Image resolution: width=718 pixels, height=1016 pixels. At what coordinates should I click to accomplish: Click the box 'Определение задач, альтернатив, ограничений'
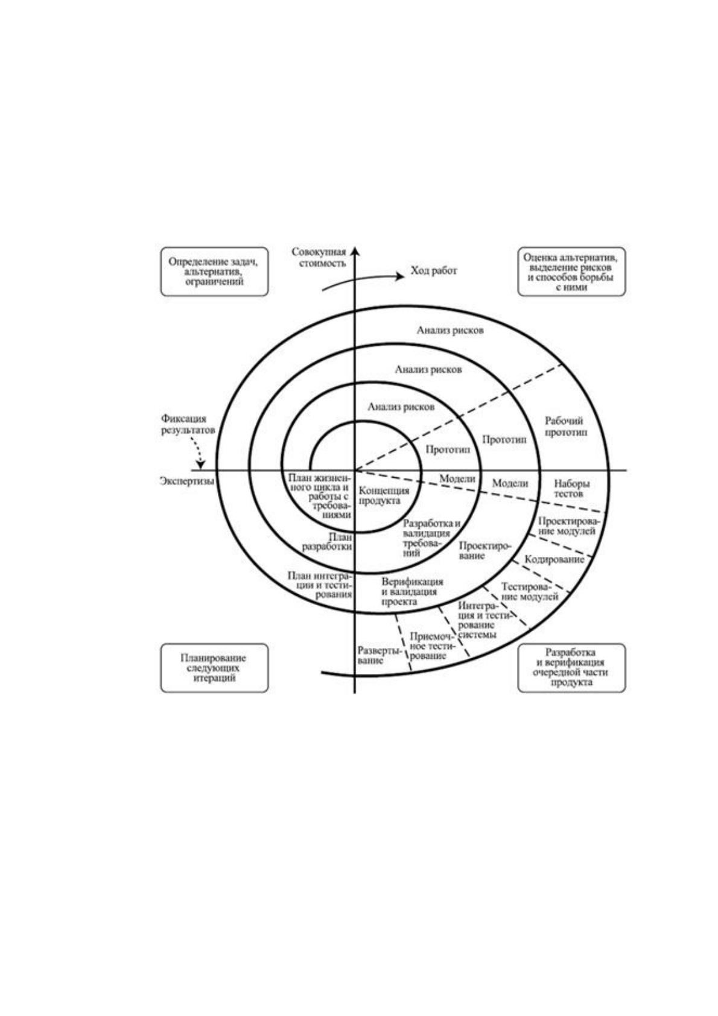coord(214,271)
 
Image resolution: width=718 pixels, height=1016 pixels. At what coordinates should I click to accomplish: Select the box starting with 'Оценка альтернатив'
coord(571,271)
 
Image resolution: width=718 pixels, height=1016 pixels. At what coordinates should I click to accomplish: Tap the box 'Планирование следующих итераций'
coord(214,668)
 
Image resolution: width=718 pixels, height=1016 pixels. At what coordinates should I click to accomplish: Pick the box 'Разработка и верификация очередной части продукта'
coord(571,668)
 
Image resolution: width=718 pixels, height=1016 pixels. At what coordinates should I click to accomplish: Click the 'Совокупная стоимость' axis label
coord(319,258)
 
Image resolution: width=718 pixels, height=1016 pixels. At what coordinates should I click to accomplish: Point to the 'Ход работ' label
coord(434,271)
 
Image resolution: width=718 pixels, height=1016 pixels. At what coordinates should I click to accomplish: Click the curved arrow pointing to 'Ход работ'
coord(363,281)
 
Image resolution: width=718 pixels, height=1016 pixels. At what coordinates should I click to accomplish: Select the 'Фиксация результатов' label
coord(188,425)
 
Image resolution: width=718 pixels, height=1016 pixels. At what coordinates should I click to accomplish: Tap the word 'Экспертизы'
coord(187,481)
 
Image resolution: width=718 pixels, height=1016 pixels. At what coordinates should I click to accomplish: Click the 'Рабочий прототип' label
coord(565,427)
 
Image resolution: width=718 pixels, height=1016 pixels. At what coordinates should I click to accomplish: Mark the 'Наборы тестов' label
coord(568,489)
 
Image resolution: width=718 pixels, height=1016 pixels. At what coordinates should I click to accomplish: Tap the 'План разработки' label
coord(328,542)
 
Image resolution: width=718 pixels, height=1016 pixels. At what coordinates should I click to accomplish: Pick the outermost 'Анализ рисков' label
coord(450,330)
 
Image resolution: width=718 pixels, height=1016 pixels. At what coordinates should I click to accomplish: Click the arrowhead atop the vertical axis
coord(355,251)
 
